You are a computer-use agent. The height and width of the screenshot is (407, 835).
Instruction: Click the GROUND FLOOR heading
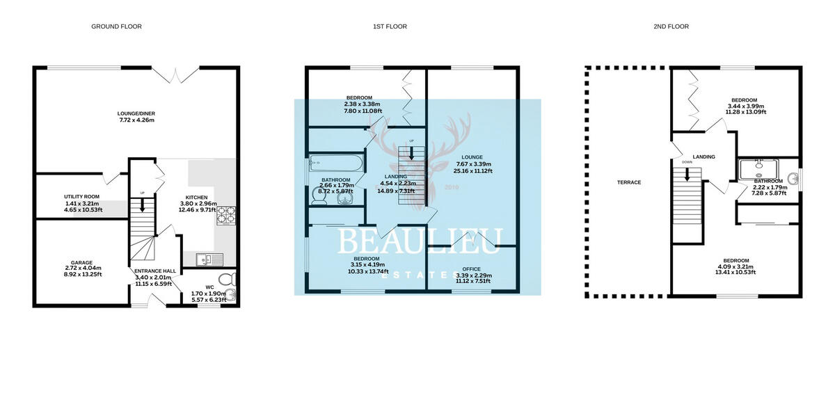pos(116,26)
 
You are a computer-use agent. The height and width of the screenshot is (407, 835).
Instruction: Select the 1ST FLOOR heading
pos(389,26)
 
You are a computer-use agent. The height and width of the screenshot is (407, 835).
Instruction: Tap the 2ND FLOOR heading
pos(672,26)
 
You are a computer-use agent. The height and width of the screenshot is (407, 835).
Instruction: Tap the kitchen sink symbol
pos(209,260)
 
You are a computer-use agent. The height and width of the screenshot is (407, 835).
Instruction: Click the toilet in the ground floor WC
pos(232,280)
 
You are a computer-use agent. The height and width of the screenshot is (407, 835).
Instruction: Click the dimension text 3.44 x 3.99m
pos(745,105)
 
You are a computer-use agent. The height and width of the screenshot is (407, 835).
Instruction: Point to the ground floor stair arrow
pos(143,205)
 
